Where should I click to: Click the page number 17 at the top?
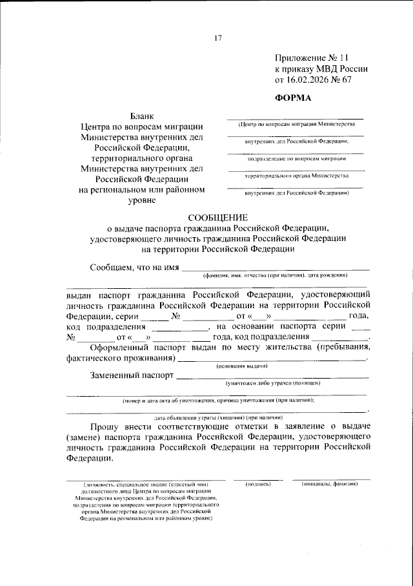coord(217,37)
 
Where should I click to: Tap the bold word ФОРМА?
coord(293,98)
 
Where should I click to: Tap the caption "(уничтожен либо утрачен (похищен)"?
coord(272,383)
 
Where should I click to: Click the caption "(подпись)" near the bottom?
coord(257,483)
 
